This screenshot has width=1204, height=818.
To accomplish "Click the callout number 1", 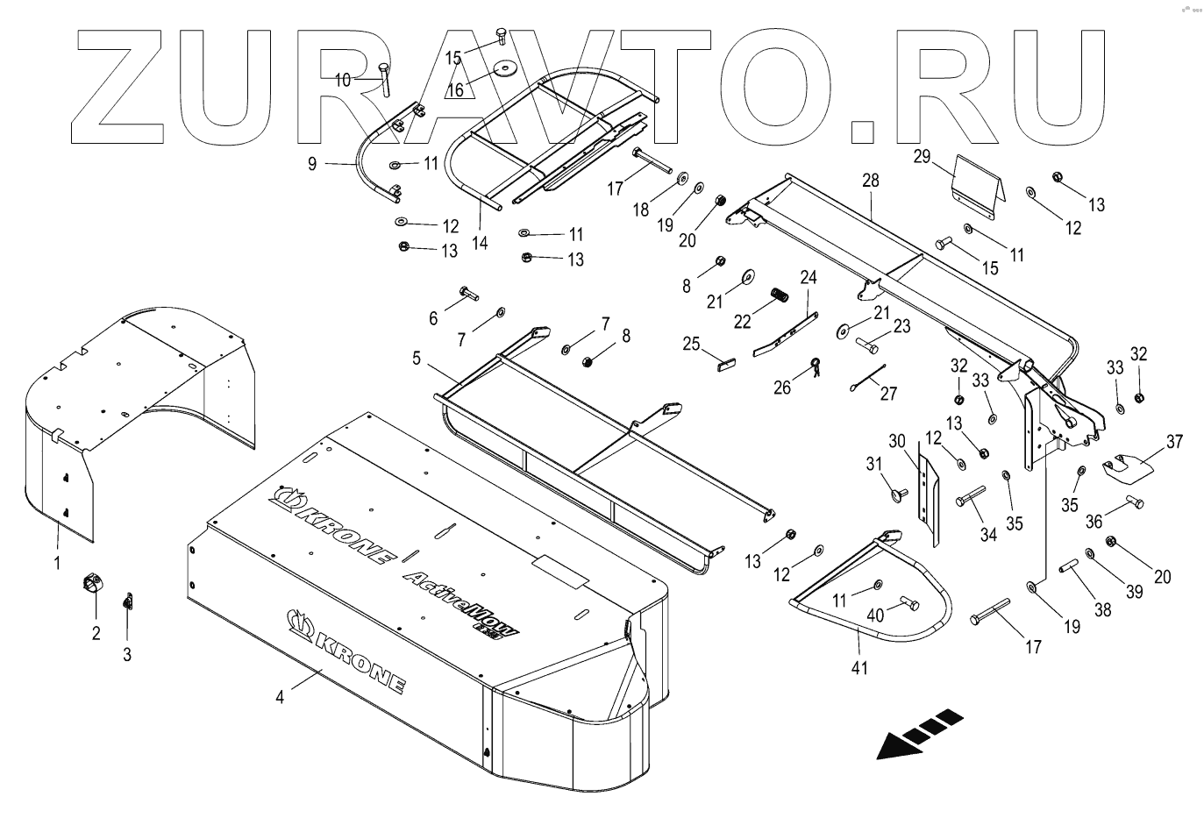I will pyautogui.click(x=58, y=562).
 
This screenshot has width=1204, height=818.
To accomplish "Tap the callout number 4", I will pyautogui.click(x=280, y=698).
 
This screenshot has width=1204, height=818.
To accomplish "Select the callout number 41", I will pyautogui.click(x=860, y=667).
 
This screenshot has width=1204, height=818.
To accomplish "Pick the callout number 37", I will pyautogui.click(x=1174, y=441).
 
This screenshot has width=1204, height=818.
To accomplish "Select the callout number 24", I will pyautogui.click(x=808, y=277).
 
